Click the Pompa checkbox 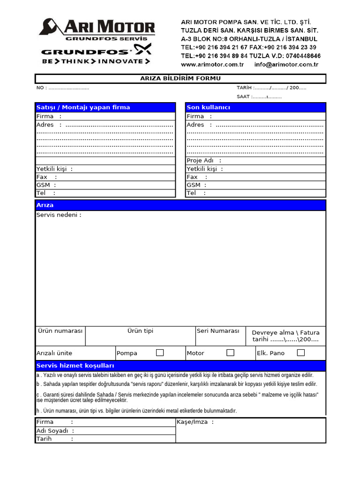160,352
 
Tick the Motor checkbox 230,352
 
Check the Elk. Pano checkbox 301,352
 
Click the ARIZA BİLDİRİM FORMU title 180,78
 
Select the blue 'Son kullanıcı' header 255,107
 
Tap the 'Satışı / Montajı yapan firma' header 105,107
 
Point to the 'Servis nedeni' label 59,215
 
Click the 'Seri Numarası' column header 218,331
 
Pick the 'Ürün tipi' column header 140,331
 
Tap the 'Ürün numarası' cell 60,331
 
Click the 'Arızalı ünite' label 54,353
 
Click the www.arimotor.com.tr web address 212,65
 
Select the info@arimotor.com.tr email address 286,65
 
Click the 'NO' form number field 63,88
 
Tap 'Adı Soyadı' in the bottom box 55,431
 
